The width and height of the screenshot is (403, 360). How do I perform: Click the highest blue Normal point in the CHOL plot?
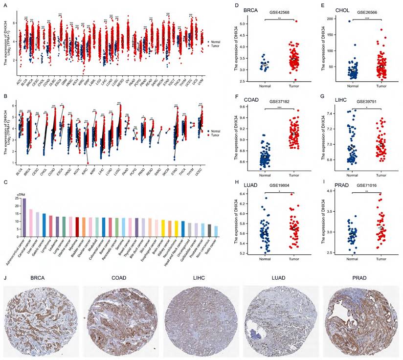point(350,22)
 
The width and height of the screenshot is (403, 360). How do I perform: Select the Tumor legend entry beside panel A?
point(214,46)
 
